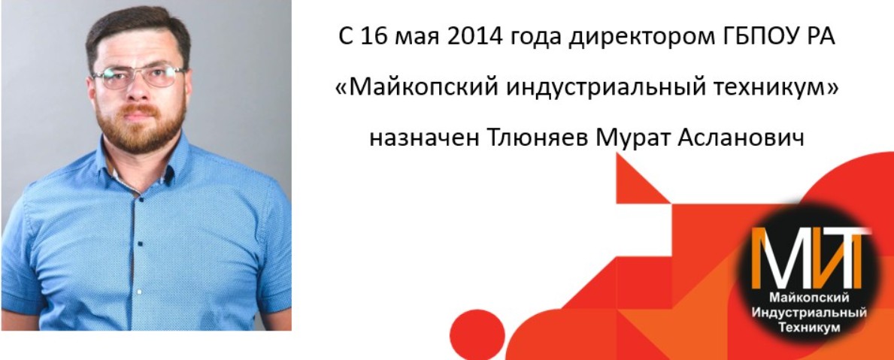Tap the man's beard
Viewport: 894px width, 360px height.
click(141, 126)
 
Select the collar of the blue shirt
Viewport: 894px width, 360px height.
click(140, 165)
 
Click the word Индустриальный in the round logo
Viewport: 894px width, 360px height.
click(811, 313)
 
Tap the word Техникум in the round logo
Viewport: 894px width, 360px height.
click(811, 327)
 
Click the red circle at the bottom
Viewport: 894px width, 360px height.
click(477, 335)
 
